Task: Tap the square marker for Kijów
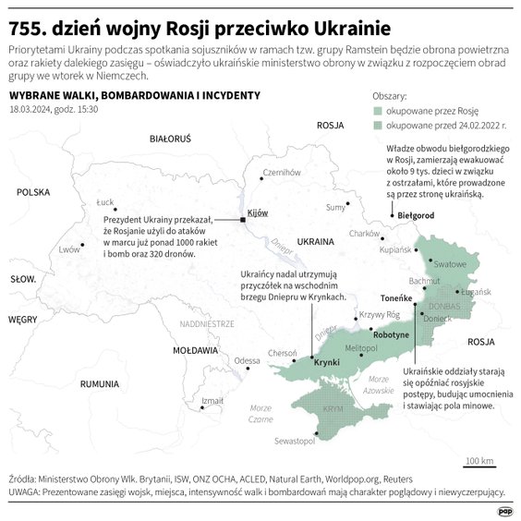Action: tap(243, 220)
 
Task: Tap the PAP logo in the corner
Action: tap(503, 510)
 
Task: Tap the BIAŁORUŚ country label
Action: tap(169, 139)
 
